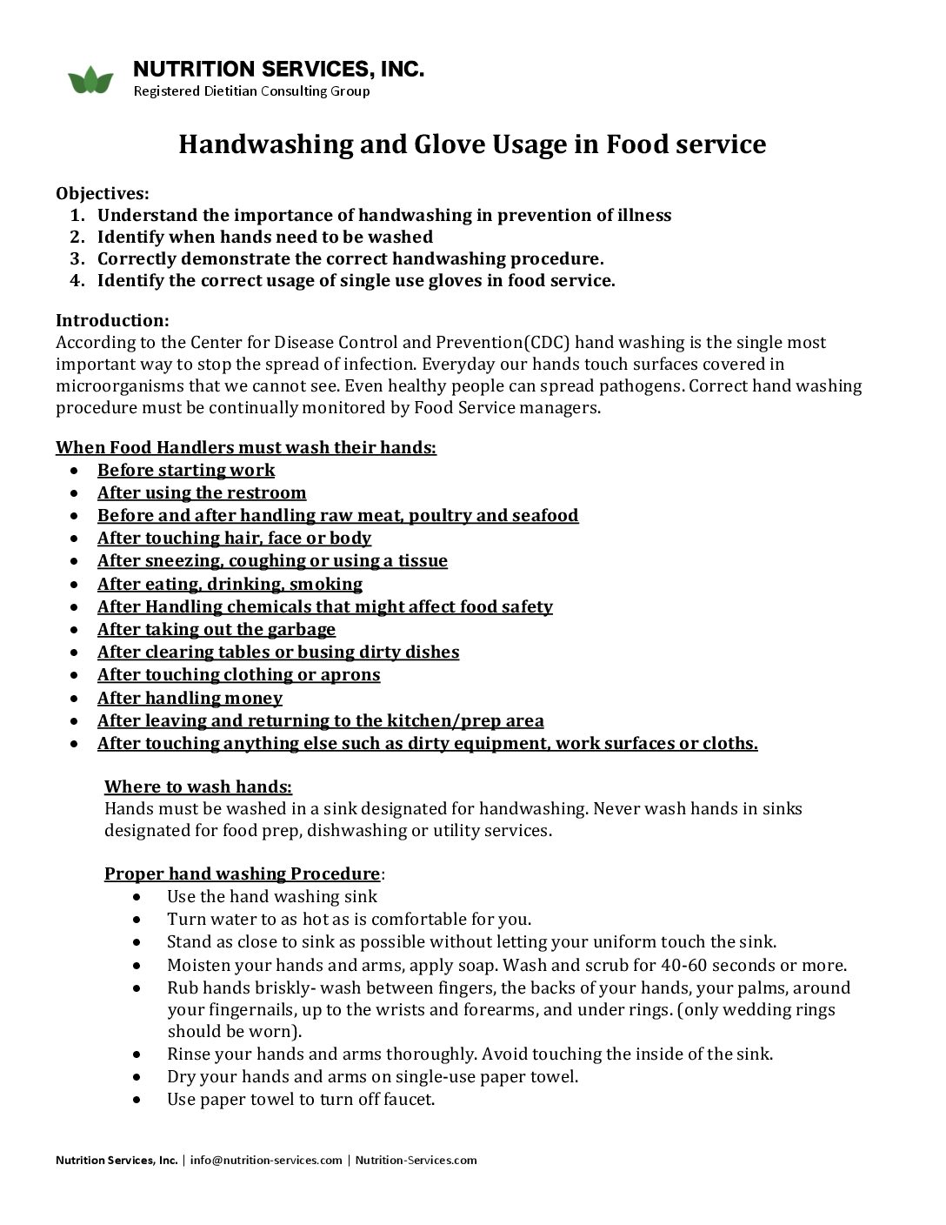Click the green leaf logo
pos(90,80)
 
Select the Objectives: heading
pos(103,193)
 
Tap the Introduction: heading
pos(112,320)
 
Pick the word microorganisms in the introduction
pos(113,385)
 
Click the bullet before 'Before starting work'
pos(77,470)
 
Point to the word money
pos(254,698)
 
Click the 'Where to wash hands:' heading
pos(198,787)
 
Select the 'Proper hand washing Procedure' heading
pos(242,874)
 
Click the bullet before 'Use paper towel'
pos(137,1099)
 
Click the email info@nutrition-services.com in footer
pos(266,1160)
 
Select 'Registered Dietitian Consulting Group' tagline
pos(251,91)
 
